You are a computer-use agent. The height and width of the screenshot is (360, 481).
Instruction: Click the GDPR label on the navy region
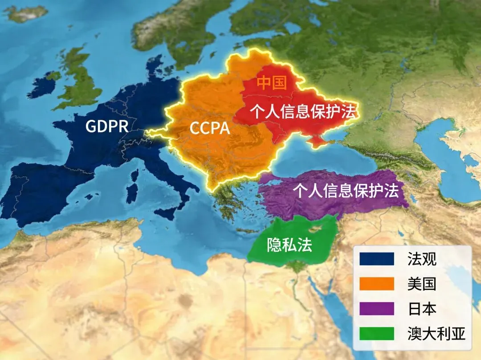tap(107, 127)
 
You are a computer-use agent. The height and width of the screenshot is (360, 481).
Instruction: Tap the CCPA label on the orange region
tap(210, 128)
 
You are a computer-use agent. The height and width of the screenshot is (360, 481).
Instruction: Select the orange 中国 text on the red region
tap(272, 83)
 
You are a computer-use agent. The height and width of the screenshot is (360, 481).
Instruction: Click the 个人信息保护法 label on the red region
tap(303, 111)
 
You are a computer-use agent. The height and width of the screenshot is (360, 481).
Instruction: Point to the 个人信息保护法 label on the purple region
tap(346, 191)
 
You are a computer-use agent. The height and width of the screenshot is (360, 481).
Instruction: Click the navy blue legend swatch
tap(377, 259)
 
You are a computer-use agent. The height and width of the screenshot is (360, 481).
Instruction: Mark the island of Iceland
tap(27, 13)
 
